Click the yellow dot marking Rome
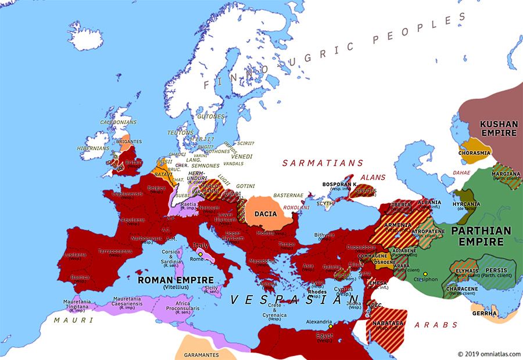[x=200, y=254]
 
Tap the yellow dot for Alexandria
[x=330, y=326]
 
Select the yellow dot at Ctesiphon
[x=425, y=274]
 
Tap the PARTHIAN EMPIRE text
[x=481, y=236]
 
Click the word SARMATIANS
[x=323, y=163]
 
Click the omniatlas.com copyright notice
[x=489, y=354]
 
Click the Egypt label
[x=325, y=335]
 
